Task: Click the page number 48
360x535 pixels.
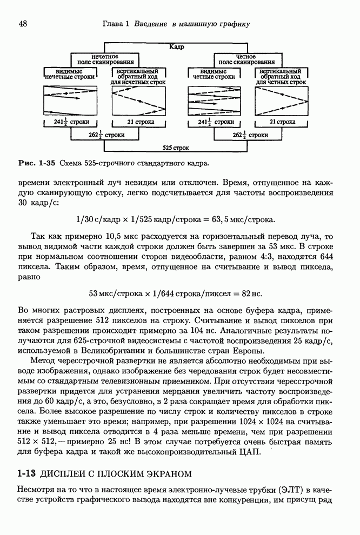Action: click(x=23, y=24)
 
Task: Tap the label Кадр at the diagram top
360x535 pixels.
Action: click(x=177, y=47)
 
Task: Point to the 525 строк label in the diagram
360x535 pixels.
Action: click(x=176, y=147)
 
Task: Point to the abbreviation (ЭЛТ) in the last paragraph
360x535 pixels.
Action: click(x=291, y=490)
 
